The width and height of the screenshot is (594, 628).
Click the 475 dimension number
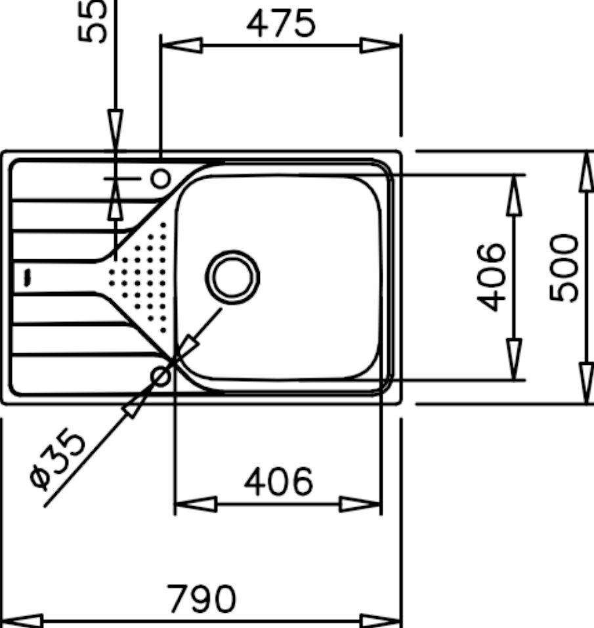(281, 23)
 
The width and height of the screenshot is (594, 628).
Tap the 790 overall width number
(202, 598)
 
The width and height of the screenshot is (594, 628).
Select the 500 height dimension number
(564, 268)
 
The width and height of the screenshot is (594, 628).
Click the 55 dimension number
(93, 21)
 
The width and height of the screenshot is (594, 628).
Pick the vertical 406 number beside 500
(492, 277)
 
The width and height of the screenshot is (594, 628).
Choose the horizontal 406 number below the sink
(279, 481)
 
